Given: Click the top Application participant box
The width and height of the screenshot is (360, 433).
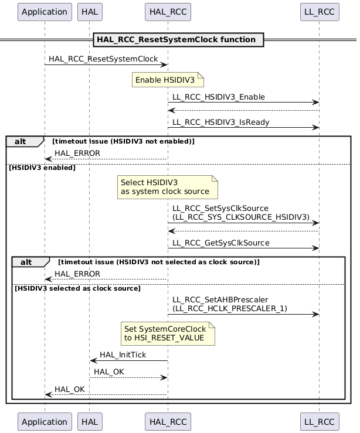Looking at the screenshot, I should [x=45, y=11].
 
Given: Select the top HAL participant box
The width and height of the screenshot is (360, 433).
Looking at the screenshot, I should [x=89, y=11].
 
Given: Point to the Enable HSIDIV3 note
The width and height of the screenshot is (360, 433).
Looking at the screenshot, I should [x=167, y=80].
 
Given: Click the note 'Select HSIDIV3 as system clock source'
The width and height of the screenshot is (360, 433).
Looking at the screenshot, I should [x=167, y=187].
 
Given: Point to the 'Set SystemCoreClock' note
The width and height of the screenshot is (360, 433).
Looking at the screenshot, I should [x=167, y=333].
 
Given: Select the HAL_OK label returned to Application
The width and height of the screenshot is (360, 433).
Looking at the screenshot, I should [x=69, y=389].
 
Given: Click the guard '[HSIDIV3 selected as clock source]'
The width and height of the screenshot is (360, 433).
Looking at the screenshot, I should [x=77, y=288].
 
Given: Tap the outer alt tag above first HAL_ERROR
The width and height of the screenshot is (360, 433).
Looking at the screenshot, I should [x=24, y=141].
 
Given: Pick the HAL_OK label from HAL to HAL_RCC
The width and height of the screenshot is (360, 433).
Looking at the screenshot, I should [x=109, y=371].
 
